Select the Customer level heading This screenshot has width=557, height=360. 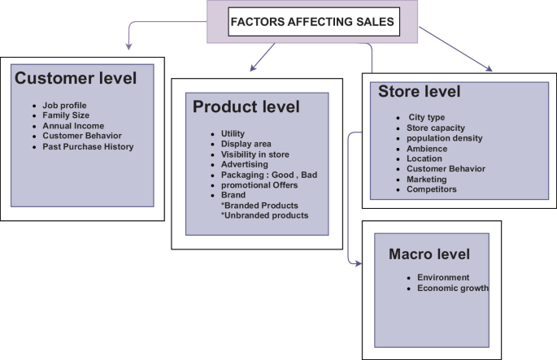tap(76, 79)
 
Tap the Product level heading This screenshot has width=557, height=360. tap(246, 107)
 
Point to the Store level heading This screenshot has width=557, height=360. tap(419, 92)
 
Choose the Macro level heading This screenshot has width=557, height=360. tap(429, 254)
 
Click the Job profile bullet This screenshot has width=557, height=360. tap(64, 106)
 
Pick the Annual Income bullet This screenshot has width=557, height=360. tap(73, 126)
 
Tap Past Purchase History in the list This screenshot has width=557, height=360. tap(88, 147)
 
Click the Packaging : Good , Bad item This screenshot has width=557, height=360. tap(269, 175)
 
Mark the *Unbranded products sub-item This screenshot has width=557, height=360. tap(265, 216)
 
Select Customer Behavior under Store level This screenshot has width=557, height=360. tap(446, 169)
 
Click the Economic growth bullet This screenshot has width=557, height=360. tap(453, 288)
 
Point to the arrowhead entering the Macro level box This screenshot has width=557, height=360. tap(355, 262)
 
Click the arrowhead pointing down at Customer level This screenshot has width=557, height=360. tap(128, 44)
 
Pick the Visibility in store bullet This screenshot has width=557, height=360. tap(255, 154)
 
